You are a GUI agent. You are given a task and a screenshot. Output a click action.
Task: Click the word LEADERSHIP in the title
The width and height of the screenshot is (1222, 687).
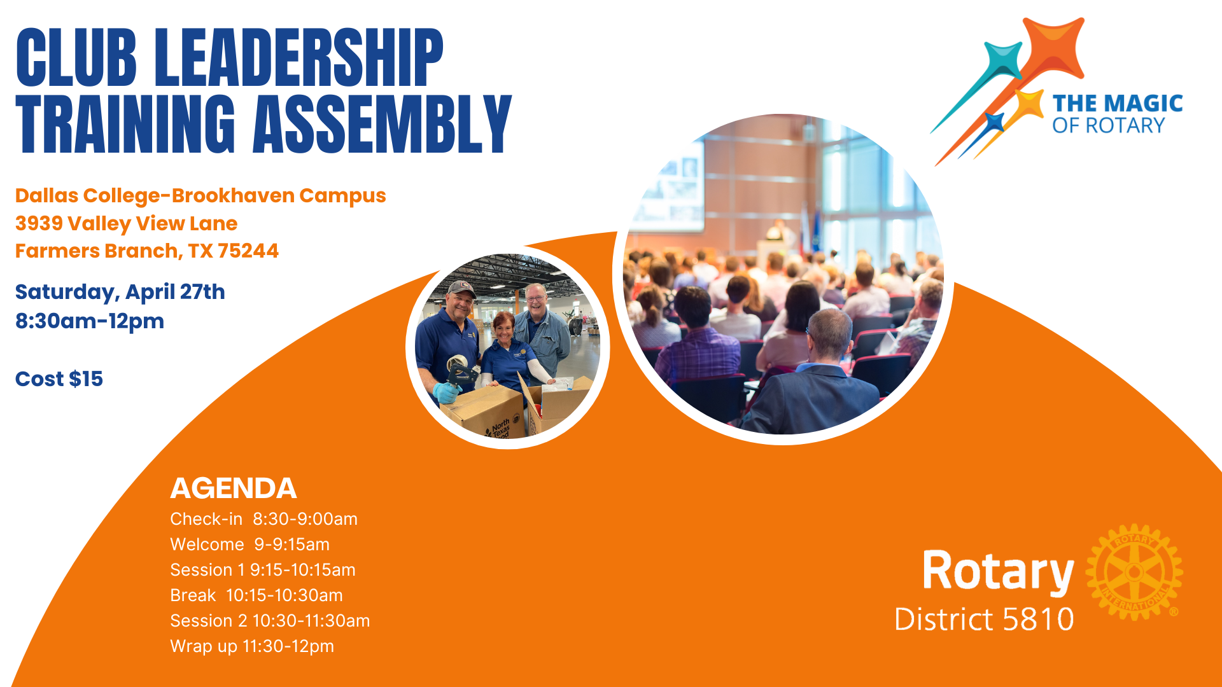[x=298, y=58]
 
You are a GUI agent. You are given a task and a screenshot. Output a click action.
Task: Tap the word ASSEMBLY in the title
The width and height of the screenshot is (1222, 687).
[x=382, y=125]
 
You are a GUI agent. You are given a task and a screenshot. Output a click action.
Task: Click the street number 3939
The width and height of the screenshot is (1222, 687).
[x=39, y=223]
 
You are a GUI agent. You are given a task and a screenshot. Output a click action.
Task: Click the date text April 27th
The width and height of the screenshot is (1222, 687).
[x=175, y=291]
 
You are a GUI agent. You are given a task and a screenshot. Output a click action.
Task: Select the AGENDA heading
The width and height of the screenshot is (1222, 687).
[x=233, y=488]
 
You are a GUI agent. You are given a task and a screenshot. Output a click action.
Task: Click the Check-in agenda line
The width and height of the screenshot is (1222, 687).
[x=263, y=519]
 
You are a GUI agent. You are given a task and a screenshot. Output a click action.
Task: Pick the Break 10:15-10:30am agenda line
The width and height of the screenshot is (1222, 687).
[x=256, y=595]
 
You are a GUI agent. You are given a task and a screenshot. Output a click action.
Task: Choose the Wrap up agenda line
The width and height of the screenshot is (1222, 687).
[x=251, y=646]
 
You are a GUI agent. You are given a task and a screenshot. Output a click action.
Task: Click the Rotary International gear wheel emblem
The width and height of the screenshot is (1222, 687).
[x=1134, y=572]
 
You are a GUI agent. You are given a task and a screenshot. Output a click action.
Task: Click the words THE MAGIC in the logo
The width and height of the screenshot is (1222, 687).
[x=1117, y=104]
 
